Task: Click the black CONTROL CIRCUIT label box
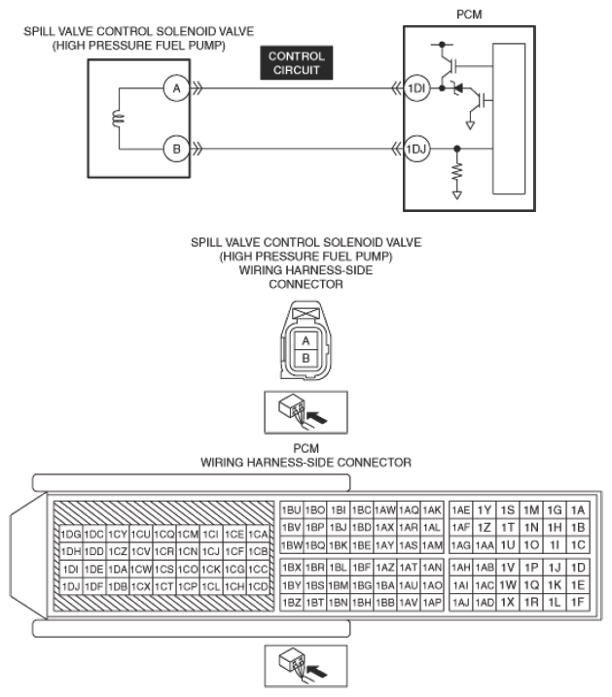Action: pyautogui.click(x=296, y=62)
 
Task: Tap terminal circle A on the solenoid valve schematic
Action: pyautogui.click(x=176, y=88)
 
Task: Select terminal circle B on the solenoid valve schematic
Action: pyautogui.click(x=176, y=149)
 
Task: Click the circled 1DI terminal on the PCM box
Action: pyautogui.click(x=416, y=88)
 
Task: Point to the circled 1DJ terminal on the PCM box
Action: pyautogui.click(x=416, y=149)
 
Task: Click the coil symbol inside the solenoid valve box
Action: pyautogui.click(x=119, y=119)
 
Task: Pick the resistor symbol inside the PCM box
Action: pyautogui.click(x=457, y=173)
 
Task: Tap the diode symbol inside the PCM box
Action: pyautogui.click(x=457, y=88)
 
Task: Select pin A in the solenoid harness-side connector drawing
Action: pyautogui.click(x=306, y=341)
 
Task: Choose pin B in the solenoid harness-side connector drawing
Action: pyautogui.click(x=306, y=359)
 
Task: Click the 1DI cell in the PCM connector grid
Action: pyautogui.click(x=71, y=569)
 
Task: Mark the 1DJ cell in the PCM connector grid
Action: pyautogui.click(x=71, y=587)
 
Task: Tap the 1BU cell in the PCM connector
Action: pyautogui.click(x=292, y=510)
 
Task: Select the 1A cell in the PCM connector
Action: pyautogui.click(x=578, y=510)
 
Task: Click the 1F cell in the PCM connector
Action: pyautogui.click(x=578, y=603)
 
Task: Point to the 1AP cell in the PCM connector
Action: pyautogui.click(x=432, y=603)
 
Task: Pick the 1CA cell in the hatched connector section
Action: pyautogui.click(x=259, y=534)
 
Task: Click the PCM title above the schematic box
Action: pyautogui.click(x=469, y=15)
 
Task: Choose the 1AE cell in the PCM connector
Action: pyautogui.click(x=461, y=510)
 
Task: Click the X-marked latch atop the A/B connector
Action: pyautogui.click(x=306, y=313)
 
